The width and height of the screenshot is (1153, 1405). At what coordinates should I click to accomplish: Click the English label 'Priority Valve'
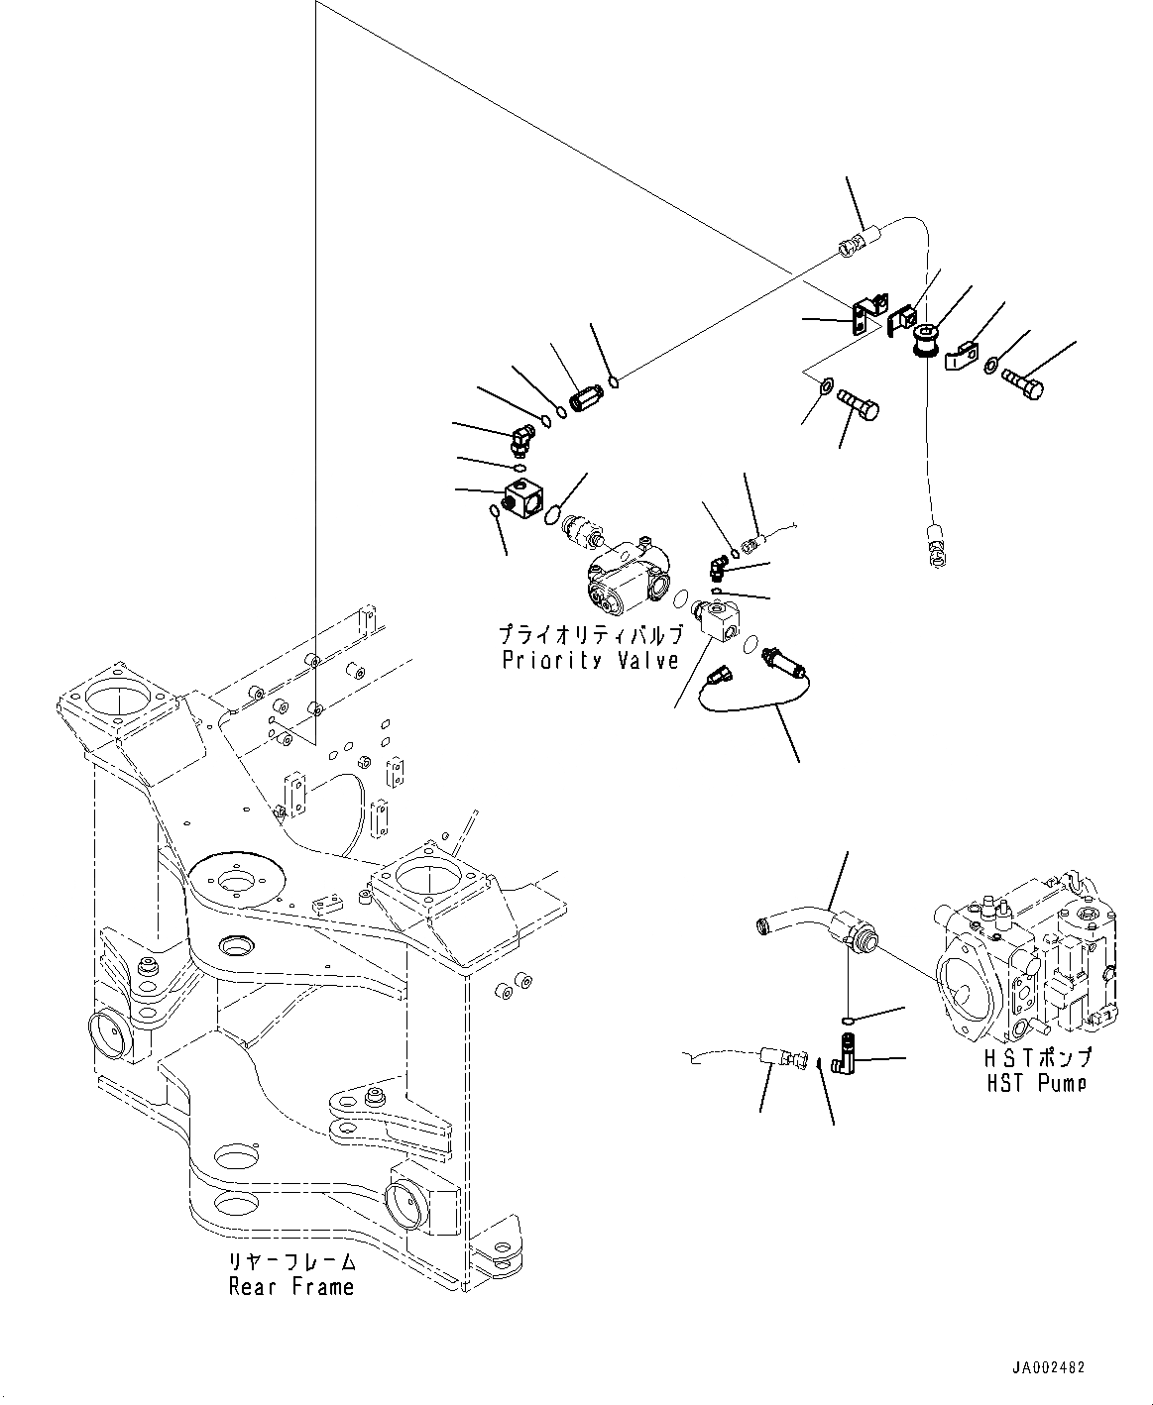pos(590,661)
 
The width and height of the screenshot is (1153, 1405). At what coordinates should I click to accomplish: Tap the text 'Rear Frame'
pos(290,1287)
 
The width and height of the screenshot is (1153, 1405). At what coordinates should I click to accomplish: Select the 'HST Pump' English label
pos(1036,1083)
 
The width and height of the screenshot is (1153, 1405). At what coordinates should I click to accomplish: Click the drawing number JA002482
pos(1048,1368)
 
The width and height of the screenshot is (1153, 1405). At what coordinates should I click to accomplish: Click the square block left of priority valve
pos(522,498)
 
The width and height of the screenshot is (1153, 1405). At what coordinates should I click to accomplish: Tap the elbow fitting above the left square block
pos(523,434)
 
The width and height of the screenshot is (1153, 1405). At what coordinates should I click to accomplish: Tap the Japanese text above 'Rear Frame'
pos(290,1262)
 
